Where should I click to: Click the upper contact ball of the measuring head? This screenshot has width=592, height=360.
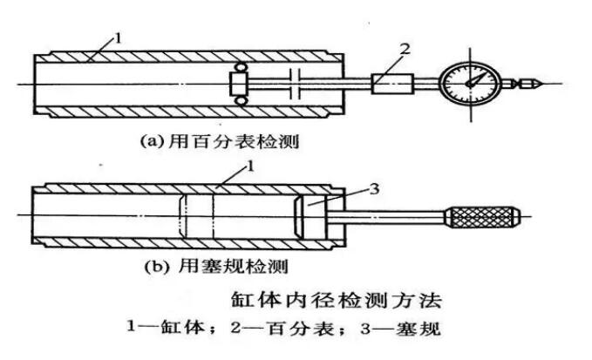tap(238, 70)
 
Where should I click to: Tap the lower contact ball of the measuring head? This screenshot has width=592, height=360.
tap(238, 102)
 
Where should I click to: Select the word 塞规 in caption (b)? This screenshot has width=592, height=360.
tap(227, 262)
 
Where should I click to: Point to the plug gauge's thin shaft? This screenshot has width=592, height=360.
tap(392, 216)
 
